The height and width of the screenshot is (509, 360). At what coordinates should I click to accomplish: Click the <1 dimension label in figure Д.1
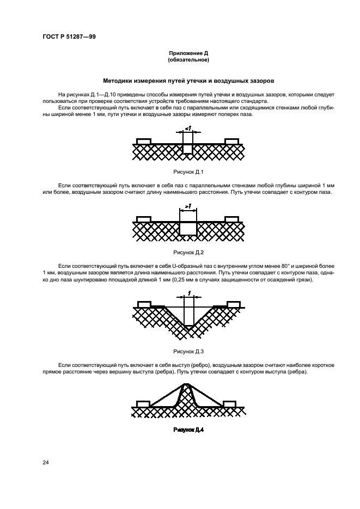(187, 128)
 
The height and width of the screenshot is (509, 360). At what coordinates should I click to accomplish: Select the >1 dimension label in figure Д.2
(187, 207)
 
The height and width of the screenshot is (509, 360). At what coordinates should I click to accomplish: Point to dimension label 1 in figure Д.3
(188, 293)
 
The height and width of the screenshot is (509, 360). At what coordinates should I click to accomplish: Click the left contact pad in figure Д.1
(143, 142)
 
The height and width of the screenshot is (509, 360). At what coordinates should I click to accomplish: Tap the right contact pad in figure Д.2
(231, 219)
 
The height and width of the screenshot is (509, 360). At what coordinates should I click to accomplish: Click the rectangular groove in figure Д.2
(188, 228)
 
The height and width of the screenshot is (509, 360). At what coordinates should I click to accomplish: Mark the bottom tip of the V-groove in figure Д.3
(188, 329)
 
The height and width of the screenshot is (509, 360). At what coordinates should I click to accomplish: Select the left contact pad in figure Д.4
(143, 403)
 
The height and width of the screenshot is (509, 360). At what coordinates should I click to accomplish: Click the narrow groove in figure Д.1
(188, 149)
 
